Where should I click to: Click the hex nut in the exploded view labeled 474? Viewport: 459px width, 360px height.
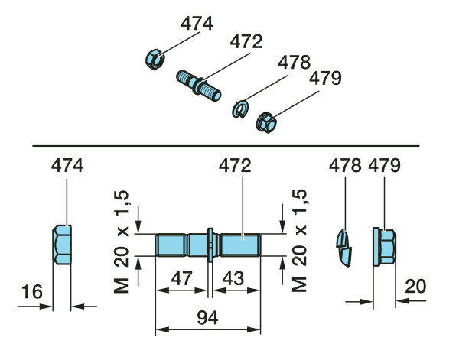point(155,60)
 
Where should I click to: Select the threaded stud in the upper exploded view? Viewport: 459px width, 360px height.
point(199,86)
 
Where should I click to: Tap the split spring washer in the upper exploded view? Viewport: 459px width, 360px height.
point(240,109)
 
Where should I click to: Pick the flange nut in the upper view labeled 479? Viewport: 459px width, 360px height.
point(265,122)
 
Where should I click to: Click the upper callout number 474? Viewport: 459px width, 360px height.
point(197,24)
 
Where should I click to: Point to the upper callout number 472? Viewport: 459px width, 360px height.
point(246,41)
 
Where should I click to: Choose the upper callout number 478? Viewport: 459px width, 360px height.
point(295,62)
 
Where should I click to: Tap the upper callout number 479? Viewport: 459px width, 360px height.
point(325,78)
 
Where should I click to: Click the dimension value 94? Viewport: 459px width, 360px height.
point(207,318)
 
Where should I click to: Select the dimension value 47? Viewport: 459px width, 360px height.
point(182,278)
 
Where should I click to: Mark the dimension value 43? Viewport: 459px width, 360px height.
point(233,278)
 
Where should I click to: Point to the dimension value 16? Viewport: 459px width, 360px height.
point(32,291)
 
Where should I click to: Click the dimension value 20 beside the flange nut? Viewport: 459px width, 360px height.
point(415,286)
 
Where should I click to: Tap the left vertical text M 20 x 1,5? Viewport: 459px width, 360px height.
point(121,242)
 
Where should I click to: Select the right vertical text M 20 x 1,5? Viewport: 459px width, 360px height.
point(299,241)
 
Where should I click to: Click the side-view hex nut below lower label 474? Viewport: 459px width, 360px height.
point(62,245)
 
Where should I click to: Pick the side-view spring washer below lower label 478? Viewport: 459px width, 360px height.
point(343,248)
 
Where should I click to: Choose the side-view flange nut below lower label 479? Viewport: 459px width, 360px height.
point(384,247)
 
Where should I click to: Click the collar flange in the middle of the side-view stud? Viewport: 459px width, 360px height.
point(210,245)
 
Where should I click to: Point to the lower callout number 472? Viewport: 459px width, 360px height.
point(235,166)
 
